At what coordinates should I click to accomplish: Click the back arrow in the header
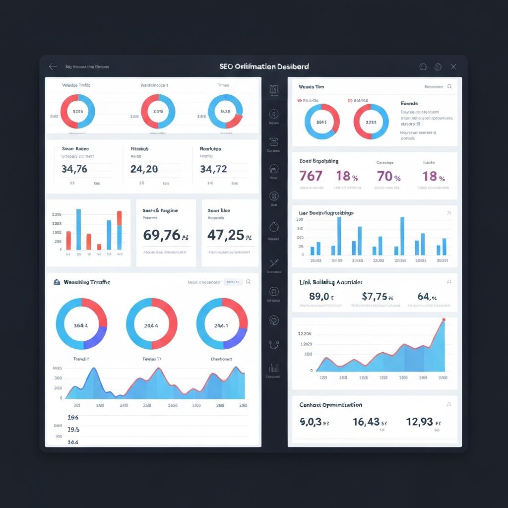click(x=53, y=66)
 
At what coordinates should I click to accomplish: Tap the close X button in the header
click(x=453, y=66)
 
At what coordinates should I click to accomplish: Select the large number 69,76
click(x=162, y=235)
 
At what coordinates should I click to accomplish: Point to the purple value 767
click(x=311, y=176)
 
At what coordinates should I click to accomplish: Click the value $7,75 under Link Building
click(x=375, y=297)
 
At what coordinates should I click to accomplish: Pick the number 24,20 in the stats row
click(x=144, y=169)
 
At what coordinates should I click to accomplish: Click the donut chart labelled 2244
click(x=371, y=122)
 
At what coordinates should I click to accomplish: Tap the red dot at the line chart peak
click(x=444, y=320)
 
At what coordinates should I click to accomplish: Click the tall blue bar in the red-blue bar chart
click(x=78, y=229)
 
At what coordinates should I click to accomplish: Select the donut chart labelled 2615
click(x=158, y=111)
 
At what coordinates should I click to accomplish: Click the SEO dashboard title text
click(x=264, y=66)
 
